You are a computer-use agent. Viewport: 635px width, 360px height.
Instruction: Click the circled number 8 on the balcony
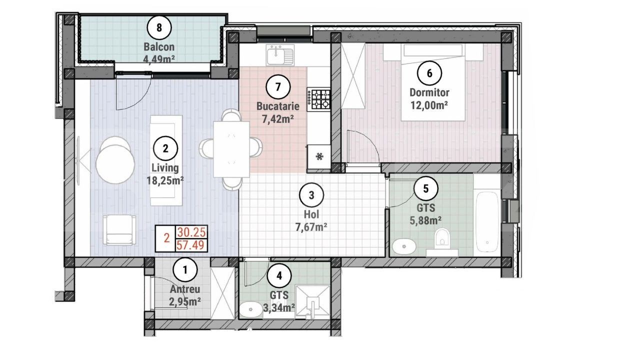click(x=159, y=28)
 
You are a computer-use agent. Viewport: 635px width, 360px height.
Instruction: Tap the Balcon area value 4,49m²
click(x=159, y=59)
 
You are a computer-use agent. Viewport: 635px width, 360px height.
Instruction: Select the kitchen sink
click(x=280, y=55)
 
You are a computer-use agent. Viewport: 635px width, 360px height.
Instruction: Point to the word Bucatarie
click(x=278, y=106)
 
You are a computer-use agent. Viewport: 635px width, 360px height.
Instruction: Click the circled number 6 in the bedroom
click(x=429, y=73)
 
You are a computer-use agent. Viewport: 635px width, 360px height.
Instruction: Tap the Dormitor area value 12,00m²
click(x=429, y=105)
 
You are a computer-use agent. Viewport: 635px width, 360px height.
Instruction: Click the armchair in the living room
click(x=119, y=229)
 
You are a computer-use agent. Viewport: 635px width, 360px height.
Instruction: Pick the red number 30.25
click(x=191, y=232)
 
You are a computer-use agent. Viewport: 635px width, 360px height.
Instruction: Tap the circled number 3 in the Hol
click(x=311, y=195)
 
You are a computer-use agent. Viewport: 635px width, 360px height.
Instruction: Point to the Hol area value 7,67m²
click(x=311, y=227)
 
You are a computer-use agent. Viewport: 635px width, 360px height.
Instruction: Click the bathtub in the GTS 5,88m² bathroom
click(x=487, y=222)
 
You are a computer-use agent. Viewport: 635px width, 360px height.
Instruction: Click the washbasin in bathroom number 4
click(x=251, y=309)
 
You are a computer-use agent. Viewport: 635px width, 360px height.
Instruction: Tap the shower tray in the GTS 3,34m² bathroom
click(x=312, y=302)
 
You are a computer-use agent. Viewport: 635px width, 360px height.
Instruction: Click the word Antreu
click(x=185, y=289)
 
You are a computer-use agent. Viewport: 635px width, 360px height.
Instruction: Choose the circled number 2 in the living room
click(x=165, y=148)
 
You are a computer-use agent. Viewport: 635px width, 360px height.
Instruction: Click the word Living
click(x=165, y=168)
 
